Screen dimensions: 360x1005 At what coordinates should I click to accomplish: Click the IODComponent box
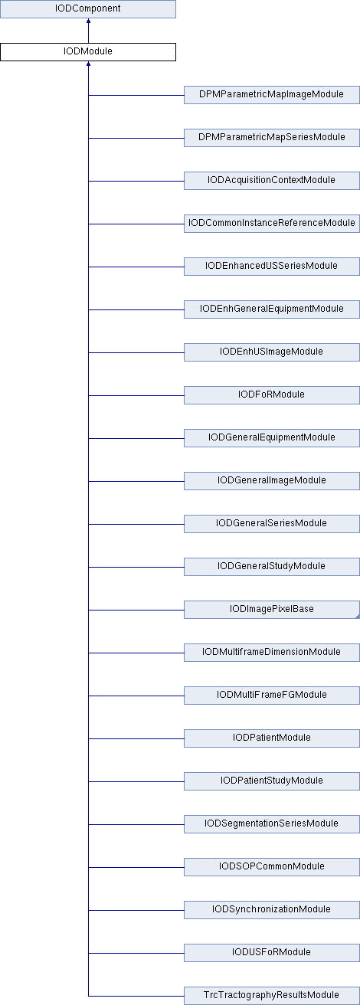pos(88,9)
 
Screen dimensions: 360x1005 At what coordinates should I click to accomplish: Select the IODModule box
pos(88,52)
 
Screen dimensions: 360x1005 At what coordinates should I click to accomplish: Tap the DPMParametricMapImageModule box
pos(272,95)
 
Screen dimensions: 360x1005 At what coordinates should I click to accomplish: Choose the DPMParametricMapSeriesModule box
pos(272,138)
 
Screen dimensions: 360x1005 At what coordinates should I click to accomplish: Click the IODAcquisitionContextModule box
pos(272,181)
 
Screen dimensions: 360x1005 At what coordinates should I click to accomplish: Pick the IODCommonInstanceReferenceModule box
pos(272,224)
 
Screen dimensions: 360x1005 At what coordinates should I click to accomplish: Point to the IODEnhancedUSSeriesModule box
pos(272,267)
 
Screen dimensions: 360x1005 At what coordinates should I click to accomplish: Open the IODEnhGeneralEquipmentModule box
pos(272,309)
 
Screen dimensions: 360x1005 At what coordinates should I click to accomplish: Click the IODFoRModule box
pos(272,395)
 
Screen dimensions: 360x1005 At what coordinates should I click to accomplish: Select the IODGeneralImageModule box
pos(272,481)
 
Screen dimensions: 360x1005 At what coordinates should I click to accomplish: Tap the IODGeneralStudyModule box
pos(272,567)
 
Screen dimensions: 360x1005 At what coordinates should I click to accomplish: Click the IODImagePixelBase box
pos(272,610)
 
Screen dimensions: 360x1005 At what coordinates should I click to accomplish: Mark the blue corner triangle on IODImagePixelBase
pos(358,617)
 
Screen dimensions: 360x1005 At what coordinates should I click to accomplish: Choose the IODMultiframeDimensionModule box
pos(272,653)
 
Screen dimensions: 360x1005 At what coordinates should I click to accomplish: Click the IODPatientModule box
pos(272,738)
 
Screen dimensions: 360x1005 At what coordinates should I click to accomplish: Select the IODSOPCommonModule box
pos(272,867)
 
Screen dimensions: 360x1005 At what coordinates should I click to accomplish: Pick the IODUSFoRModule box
pos(272,952)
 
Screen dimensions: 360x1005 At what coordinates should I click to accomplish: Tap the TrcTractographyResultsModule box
pos(272,996)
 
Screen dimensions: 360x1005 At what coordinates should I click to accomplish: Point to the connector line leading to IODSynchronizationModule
pos(136,910)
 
